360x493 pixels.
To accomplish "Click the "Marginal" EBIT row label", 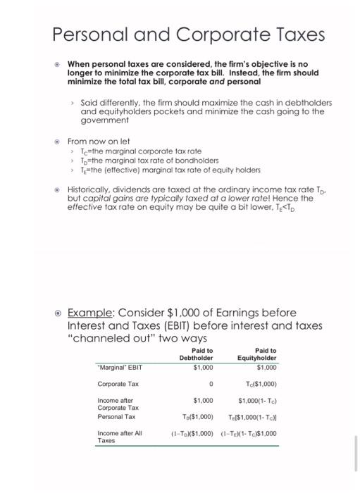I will coord(120,366).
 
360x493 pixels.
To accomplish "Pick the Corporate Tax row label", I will coord(118,384).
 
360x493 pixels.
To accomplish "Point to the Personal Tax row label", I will coord(117,416).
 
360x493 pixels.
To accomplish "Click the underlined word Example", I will coord(89,312).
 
